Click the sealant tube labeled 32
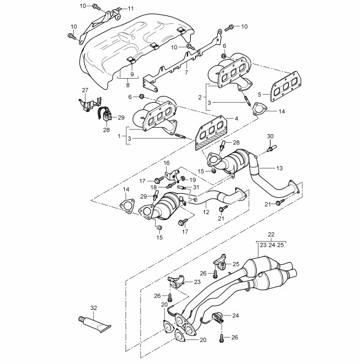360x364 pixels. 95,324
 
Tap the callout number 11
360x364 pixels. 131,9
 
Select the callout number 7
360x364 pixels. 186,73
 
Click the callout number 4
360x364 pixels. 236,119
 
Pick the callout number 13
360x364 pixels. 279,168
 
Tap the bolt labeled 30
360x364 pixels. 271,148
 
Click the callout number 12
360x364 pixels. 206,212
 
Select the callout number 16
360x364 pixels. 167,163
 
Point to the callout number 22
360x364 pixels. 271,234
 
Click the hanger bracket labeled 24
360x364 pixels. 217,317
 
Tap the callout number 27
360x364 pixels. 85,90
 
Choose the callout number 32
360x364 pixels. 94,308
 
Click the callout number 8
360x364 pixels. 127,85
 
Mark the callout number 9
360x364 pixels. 132,74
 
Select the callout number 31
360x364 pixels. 196,187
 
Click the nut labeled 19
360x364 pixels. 183,178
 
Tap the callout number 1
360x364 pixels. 119,136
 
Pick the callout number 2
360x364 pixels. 200,97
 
